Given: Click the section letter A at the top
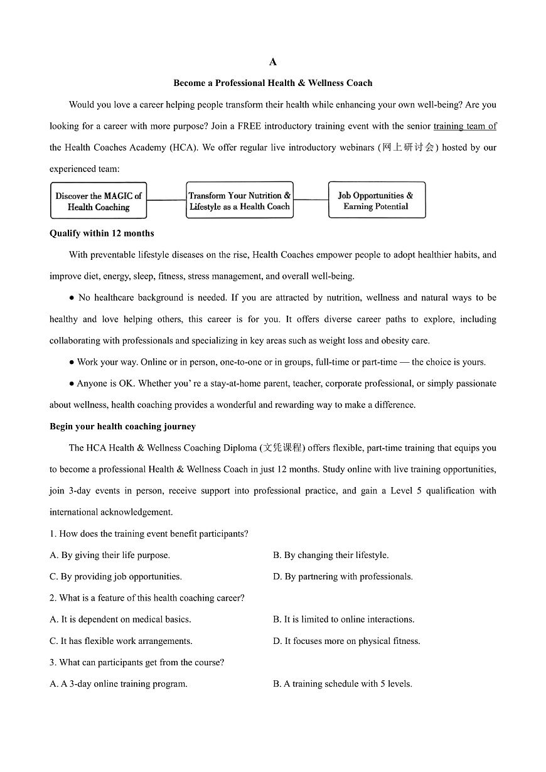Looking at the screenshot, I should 272,62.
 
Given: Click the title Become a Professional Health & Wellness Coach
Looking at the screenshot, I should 272,83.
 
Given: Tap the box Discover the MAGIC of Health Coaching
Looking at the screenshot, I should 99,201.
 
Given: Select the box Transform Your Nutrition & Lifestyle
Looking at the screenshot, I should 240,200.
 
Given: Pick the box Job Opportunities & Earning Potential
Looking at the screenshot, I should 377,200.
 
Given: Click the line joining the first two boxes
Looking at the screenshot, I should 166,200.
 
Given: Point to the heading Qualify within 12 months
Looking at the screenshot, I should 102,233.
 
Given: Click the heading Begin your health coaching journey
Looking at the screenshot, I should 122,427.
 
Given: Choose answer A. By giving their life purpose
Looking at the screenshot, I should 110,555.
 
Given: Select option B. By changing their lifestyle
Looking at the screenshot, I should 331,555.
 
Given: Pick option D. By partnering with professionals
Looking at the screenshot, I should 343,577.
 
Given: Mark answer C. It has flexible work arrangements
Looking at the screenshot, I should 121,641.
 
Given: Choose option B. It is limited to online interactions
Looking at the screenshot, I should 343,619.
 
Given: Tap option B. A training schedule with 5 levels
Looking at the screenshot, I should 342,684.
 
